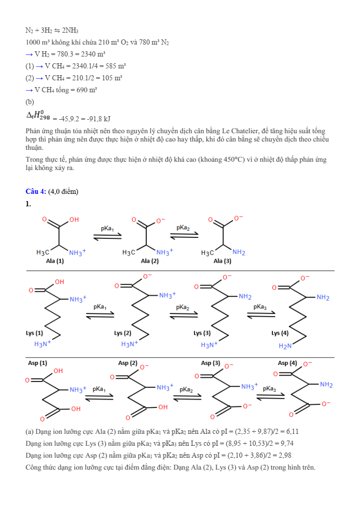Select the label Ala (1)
[x=54, y=261]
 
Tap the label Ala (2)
[x=149, y=261]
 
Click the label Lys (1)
[x=35, y=332]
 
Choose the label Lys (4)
[x=280, y=332]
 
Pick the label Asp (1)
[x=37, y=363]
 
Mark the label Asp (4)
[x=287, y=363]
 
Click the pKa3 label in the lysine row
[x=260, y=307]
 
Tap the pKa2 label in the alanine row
[x=183, y=228]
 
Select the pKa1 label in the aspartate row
[x=99, y=389]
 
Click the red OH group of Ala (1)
[x=74, y=220]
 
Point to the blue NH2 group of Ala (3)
[x=239, y=252]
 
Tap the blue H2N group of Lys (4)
[x=285, y=346]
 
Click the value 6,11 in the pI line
[x=292, y=431]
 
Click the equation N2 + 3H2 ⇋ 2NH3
[x=52, y=31]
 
